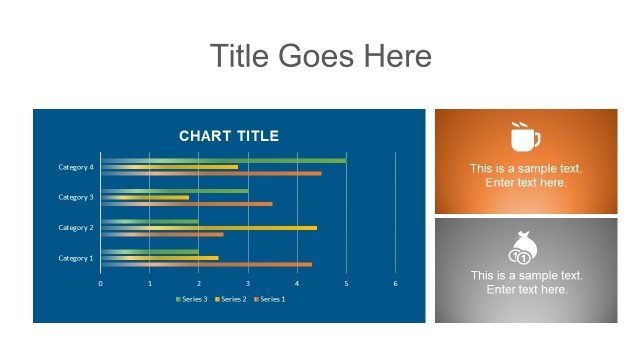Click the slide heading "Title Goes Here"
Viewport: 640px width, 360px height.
pos(320,56)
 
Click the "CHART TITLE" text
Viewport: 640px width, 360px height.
pos(229,136)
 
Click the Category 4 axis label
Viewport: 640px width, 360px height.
pos(75,167)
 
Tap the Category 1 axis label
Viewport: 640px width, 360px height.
pos(75,258)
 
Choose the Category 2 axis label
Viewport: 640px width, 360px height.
pos(75,228)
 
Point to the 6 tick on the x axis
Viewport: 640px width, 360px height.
pos(395,283)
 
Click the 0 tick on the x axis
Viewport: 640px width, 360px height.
pos(100,283)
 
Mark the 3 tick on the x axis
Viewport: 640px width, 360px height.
pos(248,283)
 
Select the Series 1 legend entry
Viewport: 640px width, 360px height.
pos(271,299)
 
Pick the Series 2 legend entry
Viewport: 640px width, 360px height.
pos(231,299)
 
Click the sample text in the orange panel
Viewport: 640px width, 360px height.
pos(526,176)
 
